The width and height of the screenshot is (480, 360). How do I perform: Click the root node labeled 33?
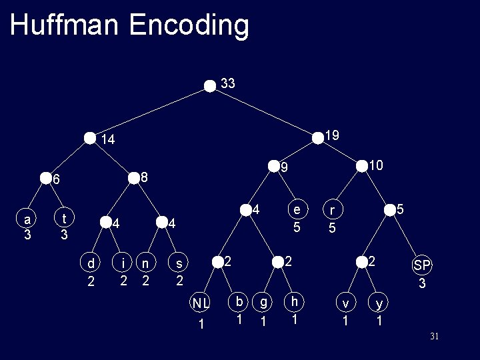[210, 85]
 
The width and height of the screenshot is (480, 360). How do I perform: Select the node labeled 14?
[90, 139]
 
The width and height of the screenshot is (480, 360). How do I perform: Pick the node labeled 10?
[362, 165]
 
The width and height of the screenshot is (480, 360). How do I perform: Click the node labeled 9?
[273, 165]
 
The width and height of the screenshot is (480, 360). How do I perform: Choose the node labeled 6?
[45, 178]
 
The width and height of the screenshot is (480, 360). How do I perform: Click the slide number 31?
[434, 337]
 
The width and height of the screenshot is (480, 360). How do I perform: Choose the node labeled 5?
[390, 210]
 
